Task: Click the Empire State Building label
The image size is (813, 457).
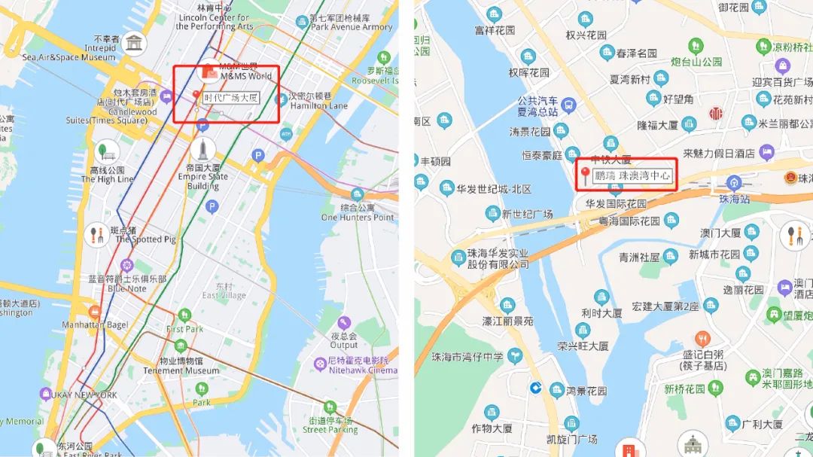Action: [203, 177]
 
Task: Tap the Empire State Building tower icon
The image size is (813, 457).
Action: [203, 148]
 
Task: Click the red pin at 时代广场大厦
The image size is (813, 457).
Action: [197, 96]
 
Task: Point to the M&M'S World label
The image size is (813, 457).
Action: [245, 75]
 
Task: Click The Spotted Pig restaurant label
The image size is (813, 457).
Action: [145, 235]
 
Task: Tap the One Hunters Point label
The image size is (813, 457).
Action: [358, 212]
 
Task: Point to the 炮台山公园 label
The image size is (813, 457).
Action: [696, 62]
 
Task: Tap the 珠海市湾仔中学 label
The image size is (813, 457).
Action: [467, 357]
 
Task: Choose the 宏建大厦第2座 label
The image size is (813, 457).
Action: [665, 306]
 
